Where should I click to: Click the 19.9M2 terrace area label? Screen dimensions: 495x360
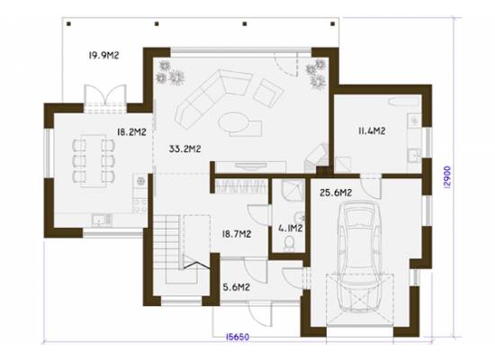pos(103,56)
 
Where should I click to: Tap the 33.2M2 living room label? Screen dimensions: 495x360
pos(185,148)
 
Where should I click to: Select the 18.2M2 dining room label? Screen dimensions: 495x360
pos(131,131)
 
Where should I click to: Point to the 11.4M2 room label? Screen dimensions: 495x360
pos(372,130)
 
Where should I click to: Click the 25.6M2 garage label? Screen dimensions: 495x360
pos(336,193)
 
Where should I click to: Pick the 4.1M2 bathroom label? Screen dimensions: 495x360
pos(291,228)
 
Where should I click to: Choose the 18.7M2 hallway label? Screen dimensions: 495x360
pos(237,234)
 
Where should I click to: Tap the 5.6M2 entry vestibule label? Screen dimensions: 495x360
pos(237,287)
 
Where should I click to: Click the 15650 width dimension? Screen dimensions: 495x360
pos(238,337)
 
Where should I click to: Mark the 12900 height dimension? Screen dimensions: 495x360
pos(447,177)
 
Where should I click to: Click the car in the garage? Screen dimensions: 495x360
pos(360,256)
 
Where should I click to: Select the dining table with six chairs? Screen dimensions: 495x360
pos(94,161)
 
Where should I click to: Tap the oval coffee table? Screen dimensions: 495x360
pos(233,123)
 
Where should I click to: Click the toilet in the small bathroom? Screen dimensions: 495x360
pos(289,244)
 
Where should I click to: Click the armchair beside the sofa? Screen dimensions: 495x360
pos(268,93)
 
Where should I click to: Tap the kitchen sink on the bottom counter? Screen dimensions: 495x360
pos(102,220)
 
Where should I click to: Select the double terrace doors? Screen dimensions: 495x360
pos(105,98)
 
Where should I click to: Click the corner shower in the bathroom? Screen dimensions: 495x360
pos(293,190)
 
